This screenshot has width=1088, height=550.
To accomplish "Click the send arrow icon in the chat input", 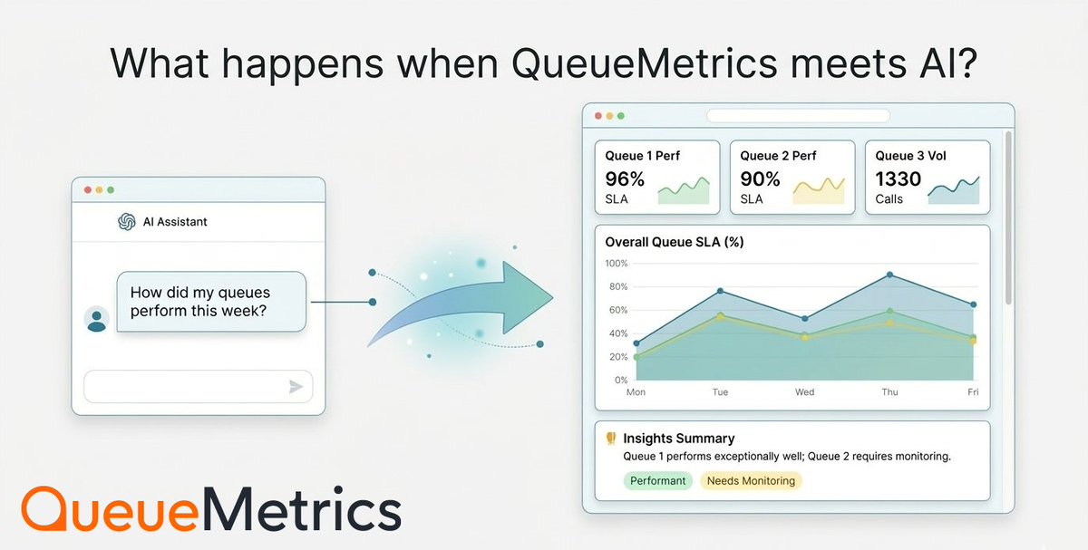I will tap(296, 387).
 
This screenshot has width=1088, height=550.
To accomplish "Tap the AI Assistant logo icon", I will tap(127, 221).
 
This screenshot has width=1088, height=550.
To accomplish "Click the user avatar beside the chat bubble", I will tap(96, 319).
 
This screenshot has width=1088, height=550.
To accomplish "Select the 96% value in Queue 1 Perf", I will tap(625, 179).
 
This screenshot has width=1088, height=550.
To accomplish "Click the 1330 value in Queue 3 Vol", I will tap(898, 179).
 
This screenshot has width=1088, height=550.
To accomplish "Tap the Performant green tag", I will tap(657, 481).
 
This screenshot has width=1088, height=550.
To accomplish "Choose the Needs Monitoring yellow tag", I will tap(751, 481).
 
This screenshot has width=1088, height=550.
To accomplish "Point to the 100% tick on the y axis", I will tap(616, 264).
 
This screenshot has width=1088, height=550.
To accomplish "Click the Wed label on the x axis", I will tap(804, 392).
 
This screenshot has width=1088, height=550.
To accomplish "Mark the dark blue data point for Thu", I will tap(889, 275).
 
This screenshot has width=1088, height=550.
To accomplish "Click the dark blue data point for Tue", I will tap(720, 291).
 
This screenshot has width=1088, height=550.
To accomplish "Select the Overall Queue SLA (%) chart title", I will tap(675, 242).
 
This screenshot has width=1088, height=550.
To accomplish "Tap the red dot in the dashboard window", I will tap(597, 116).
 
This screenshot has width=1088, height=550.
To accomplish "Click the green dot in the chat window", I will tap(111, 189).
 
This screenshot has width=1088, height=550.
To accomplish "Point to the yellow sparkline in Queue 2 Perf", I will tap(819, 189).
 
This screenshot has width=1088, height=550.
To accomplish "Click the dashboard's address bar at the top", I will tap(798, 116).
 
